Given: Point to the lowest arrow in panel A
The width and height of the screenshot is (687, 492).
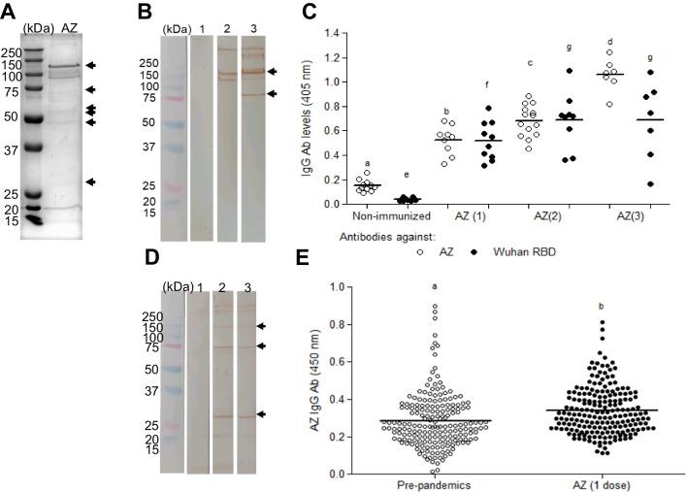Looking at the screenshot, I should [x=90, y=181].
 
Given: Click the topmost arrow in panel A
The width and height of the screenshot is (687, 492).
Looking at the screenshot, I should [x=90, y=65].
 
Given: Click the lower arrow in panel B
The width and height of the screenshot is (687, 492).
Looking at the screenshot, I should [x=274, y=94].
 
